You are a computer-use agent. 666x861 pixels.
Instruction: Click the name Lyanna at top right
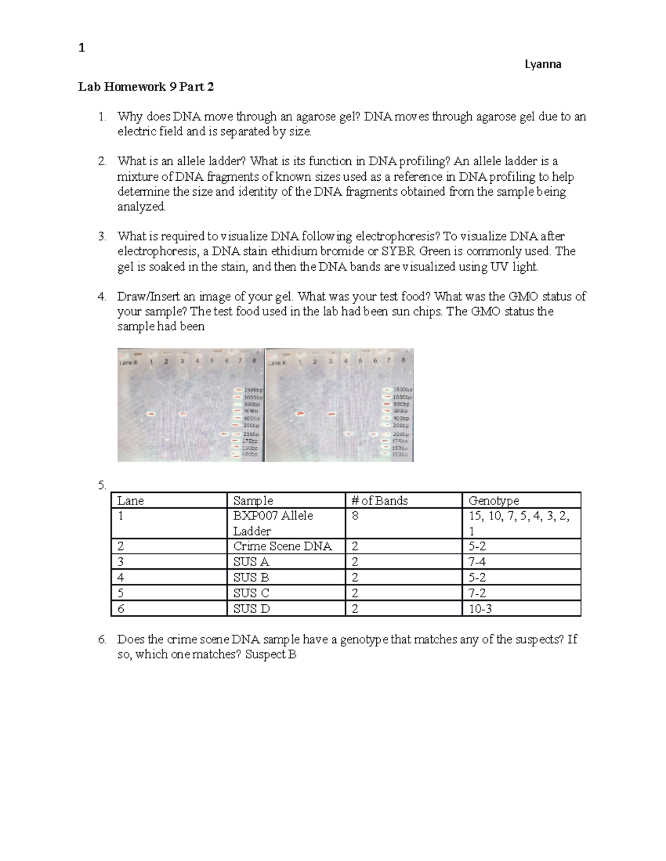[543, 64]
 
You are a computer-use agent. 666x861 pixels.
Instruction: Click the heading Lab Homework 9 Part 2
[146, 86]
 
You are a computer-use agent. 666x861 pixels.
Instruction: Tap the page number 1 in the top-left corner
[82, 48]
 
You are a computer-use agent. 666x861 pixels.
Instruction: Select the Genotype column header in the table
[493, 501]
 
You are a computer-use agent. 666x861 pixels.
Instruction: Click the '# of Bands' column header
[379, 501]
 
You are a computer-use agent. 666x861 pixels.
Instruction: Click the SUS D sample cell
[251, 609]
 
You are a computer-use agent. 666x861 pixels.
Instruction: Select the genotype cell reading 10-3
[480, 609]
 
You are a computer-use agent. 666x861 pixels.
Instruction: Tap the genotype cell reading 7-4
[477, 562]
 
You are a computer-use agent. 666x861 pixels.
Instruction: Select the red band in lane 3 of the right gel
[331, 414]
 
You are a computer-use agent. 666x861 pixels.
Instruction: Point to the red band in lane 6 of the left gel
[225, 434]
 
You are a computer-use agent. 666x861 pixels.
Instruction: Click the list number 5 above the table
[101, 486]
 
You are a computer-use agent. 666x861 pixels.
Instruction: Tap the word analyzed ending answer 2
[141, 207]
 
